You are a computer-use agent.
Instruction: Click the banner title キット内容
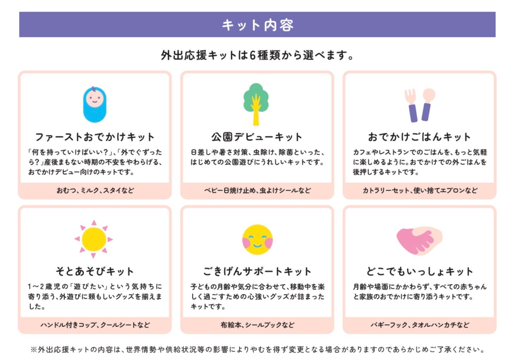click(x=258, y=25)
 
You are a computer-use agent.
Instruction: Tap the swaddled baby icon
click(x=95, y=104)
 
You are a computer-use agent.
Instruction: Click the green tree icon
click(x=256, y=104)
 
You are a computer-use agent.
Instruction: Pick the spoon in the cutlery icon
click(x=427, y=104)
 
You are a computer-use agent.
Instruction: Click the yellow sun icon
click(x=93, y=239)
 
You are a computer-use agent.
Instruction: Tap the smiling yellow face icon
click(x=258, y=239)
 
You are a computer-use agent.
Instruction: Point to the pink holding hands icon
click(x=420, y=241)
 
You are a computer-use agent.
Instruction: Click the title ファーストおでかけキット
click(x=95, y=137)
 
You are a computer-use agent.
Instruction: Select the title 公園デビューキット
click(x=257, y=137)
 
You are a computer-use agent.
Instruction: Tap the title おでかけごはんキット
click(x=420, y=137)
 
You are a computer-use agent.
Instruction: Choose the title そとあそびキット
click(x=95, y=271)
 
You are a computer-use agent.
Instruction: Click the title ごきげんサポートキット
click(x=257, y=271)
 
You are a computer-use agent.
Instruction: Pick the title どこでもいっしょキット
click(x=420, y=271)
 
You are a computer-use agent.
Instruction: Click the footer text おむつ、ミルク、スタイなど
click(x=95, y=191)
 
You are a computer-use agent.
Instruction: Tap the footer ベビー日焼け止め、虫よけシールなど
click(x=258, y=191)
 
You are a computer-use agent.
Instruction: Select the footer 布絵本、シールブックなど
click(x=258, y=325)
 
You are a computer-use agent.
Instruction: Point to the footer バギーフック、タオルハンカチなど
click(x=420, y=325)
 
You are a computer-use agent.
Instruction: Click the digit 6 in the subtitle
click(x=252, y=55)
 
